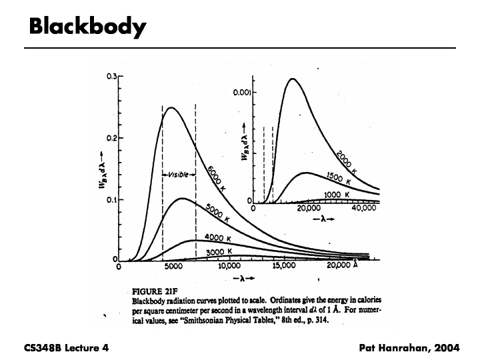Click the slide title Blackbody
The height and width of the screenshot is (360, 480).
tap(87, 27)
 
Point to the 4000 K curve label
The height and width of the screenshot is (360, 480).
tap(219, 239)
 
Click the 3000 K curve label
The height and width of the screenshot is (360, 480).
tap(219, 251)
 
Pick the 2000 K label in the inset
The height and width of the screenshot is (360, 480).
tap(345, 162)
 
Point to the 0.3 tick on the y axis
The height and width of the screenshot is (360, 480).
tap(111, 76)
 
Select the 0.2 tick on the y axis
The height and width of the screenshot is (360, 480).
tap(111, 138)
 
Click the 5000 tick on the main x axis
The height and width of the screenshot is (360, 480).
tap(174, 267)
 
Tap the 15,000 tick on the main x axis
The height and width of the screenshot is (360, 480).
tap(284, 267)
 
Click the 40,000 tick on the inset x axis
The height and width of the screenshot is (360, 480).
tap(364, 209)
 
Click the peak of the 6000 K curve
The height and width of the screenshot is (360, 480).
tap(171, 107)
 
